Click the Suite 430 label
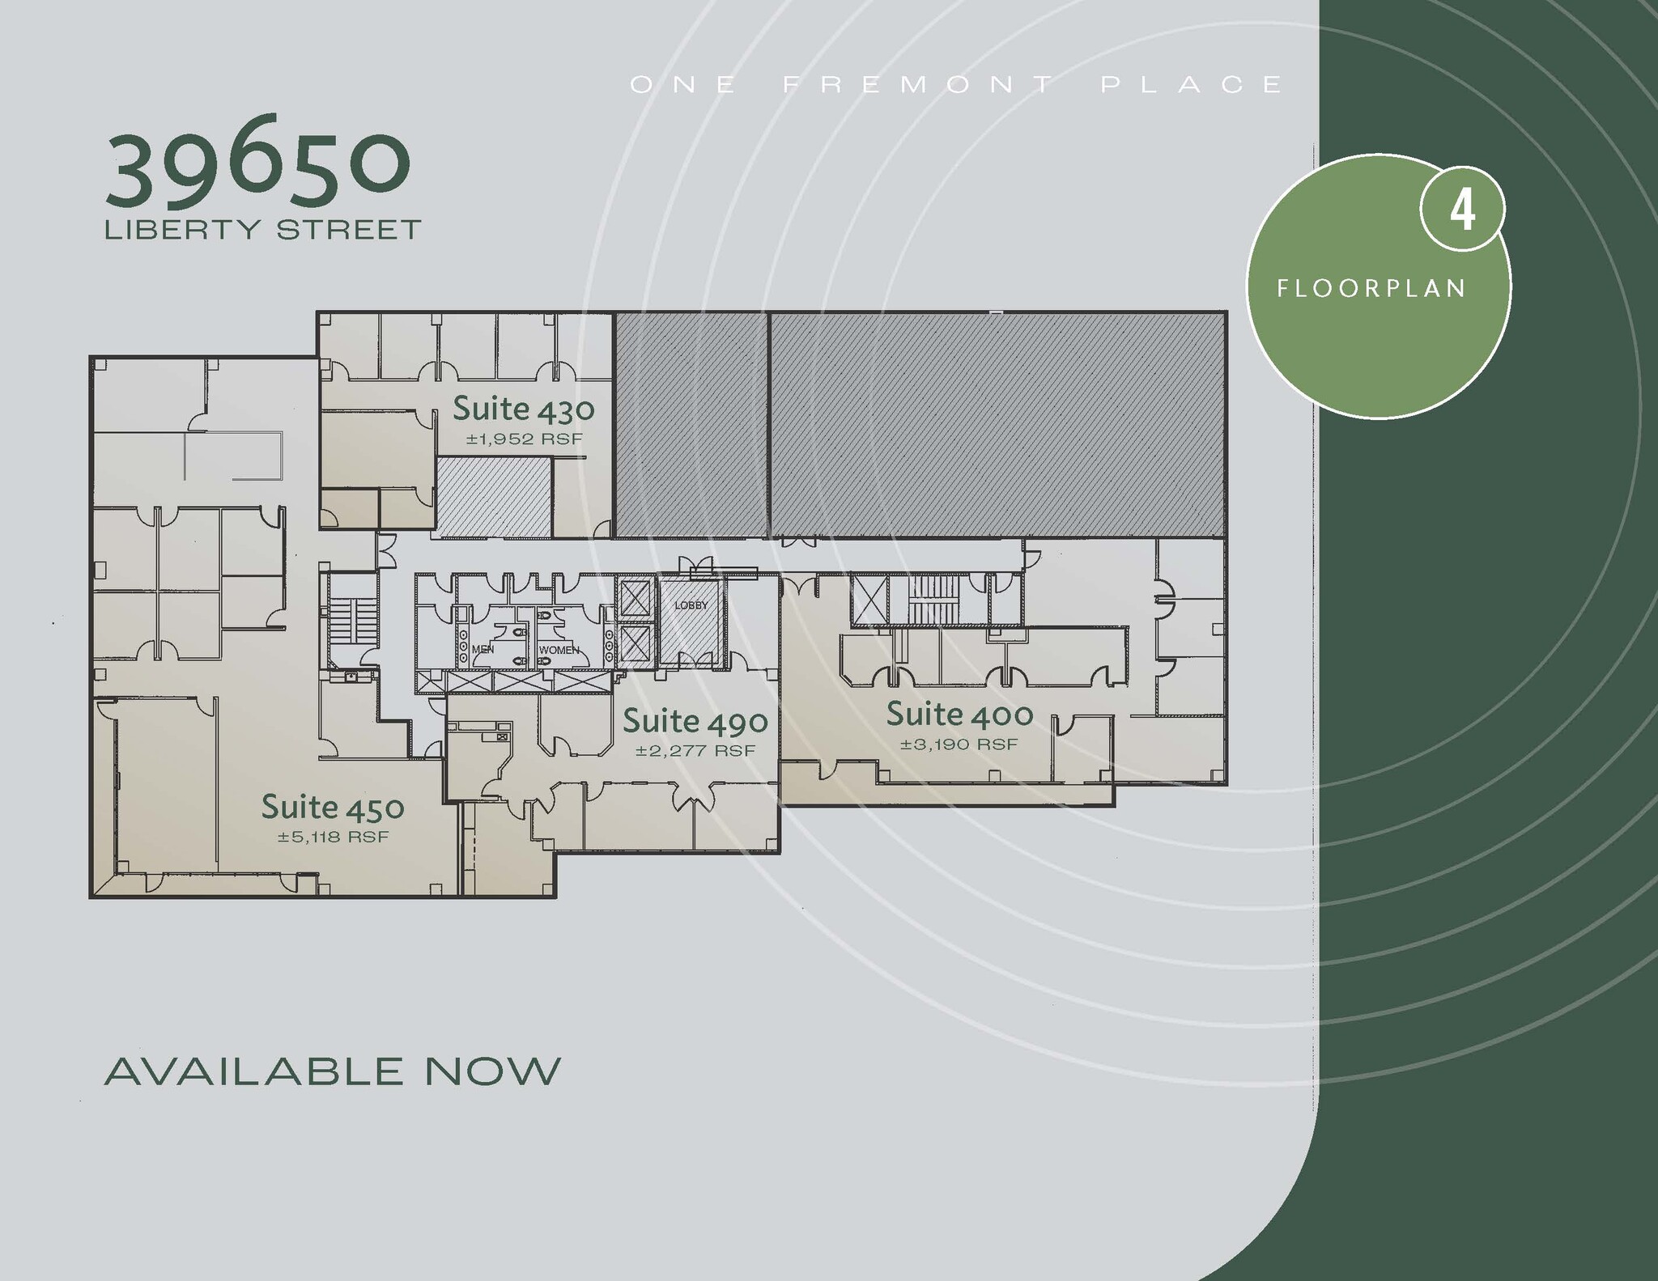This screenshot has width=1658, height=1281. [x=523, y=409]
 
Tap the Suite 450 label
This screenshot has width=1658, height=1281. [x=333, y=807]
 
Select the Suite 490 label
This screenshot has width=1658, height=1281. [x=695, y=720]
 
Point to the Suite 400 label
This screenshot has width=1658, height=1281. [x=959, y=714]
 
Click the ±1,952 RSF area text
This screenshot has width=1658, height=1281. [x=524, y=440]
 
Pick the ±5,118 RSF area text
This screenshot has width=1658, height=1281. [x=333, y=837]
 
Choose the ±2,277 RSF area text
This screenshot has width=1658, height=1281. [x=695, y=751]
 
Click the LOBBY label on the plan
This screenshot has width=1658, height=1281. [x=691, y=605]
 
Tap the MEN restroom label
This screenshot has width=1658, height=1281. [x=483, y=649]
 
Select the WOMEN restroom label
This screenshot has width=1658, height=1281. [x=559, y=650]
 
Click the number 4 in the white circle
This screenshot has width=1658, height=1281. [x=1462, y=210]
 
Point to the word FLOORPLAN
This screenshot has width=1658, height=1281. [x=1371, y=289]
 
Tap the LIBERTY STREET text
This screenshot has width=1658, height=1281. [x=263, y=230]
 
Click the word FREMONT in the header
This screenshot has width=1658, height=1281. [x=918, y=84]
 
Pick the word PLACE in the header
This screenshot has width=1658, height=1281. [x=1192, y=84]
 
